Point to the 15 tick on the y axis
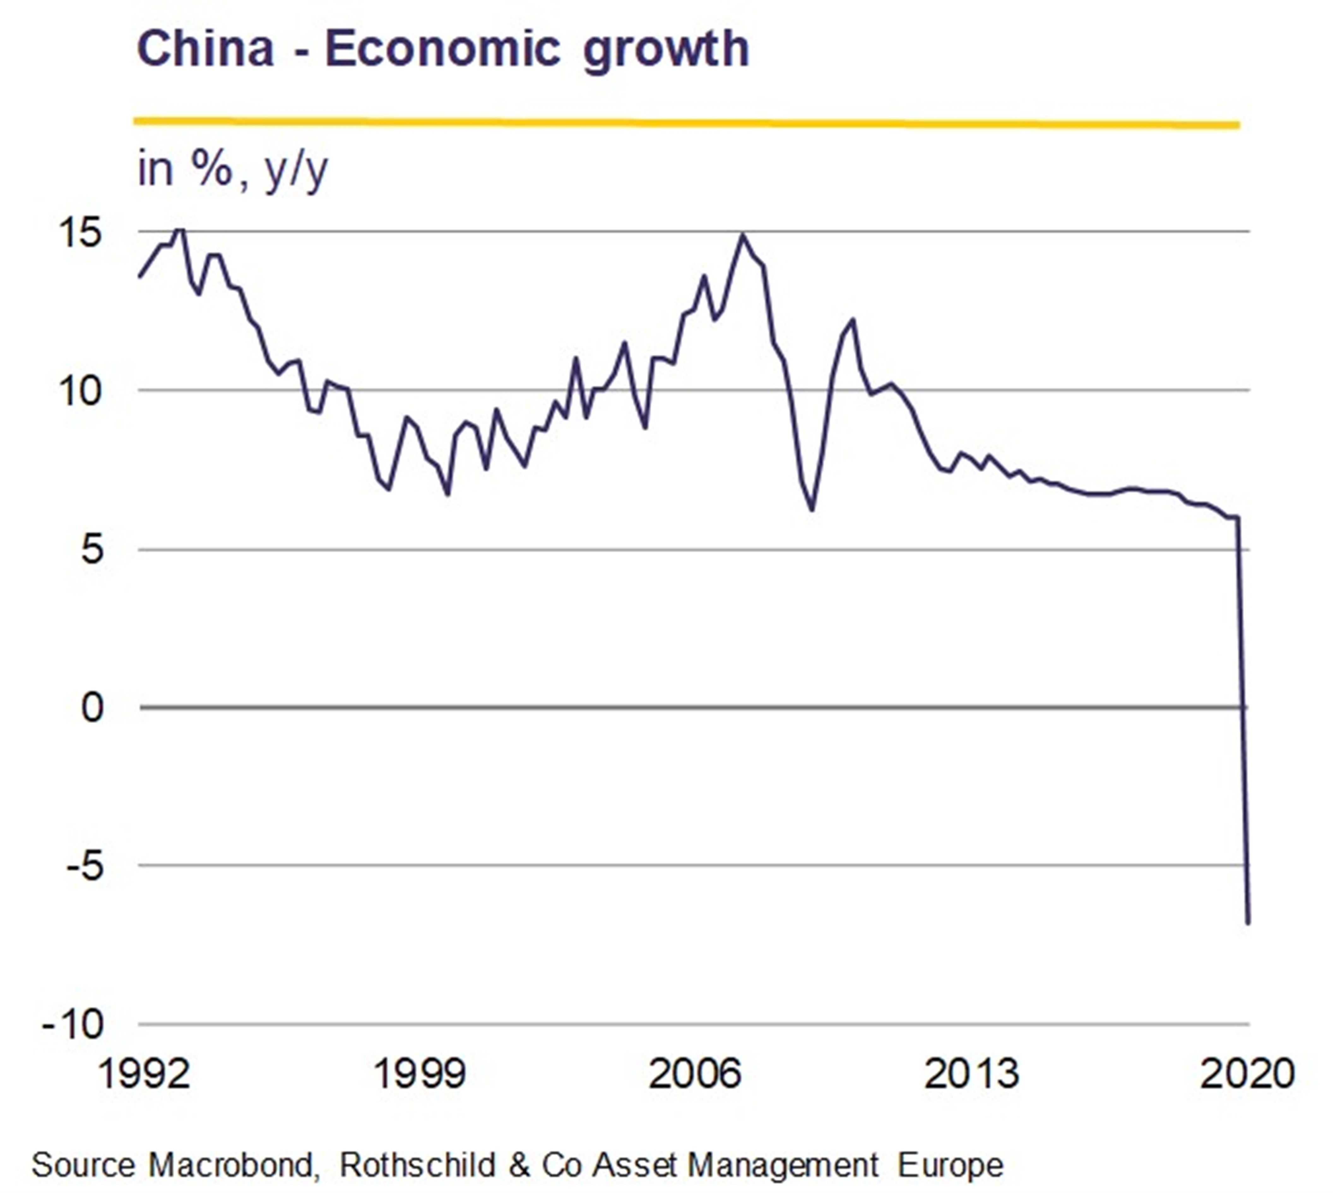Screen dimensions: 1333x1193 click(x=81, y=233)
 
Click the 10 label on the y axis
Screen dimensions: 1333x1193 click(x=81, y=391)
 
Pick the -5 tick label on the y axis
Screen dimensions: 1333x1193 click(x=85, y=866)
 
